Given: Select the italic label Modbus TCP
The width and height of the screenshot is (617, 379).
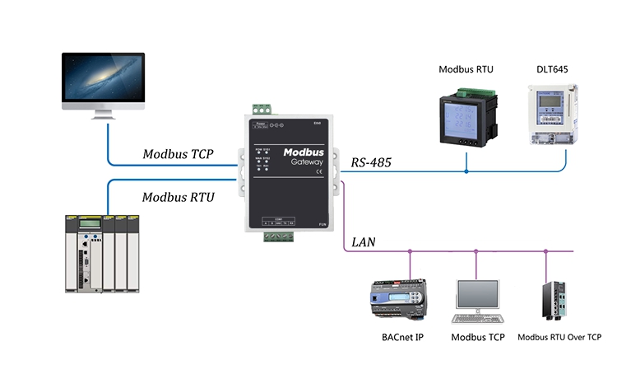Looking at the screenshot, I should pyautogui.click(x=179, y=154).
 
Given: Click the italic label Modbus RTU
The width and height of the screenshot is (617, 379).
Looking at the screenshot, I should pyautogui.click(x=178, y=197).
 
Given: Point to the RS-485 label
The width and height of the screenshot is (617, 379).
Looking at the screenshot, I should pyautogui.click(x=371, y=163).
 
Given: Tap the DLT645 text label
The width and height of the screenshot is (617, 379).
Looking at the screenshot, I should pyautogui.click(x=548, y=70).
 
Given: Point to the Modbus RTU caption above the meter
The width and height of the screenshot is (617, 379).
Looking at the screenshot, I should pyautogui.click(x=466, y=70).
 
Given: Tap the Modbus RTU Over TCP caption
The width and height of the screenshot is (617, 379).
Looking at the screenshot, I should pyautogui.click(x=559, y=338).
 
